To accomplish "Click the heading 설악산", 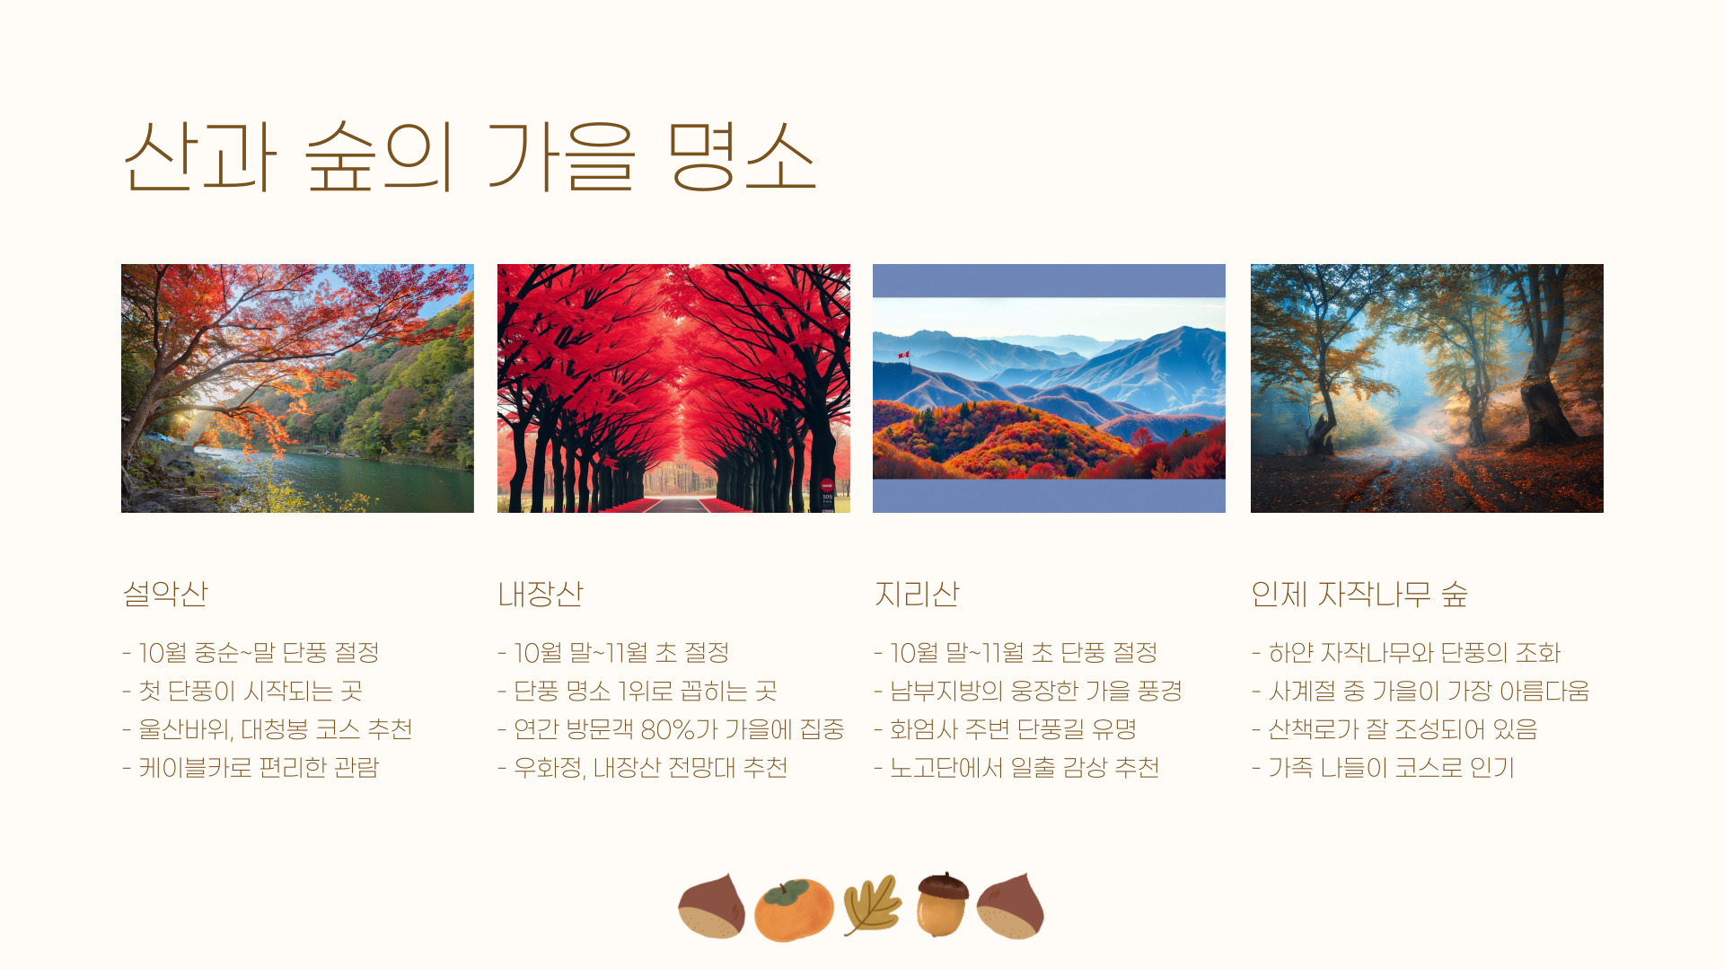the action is tap(165, 594).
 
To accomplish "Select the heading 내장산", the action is tap(541, 594).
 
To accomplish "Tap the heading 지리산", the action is tap(917, 594).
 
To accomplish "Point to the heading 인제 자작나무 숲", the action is tap(1359, 594).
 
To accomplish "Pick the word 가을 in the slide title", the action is tap(562, 156).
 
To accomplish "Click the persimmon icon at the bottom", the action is tap(794, 909).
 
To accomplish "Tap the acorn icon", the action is tap(943, 904).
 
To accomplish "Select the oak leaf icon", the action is tap(872, 905).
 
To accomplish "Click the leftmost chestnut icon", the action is tap(712, 906).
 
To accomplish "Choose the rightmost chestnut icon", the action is tap(1010, 906).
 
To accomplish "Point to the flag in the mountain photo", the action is tap(902, 356).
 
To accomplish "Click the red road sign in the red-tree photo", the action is tap(827, 486).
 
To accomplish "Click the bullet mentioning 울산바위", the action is tap(268, 729).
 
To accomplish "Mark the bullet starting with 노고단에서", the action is tap(1016, 768).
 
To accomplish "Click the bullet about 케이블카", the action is tap(251, 768).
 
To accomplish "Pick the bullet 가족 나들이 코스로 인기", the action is tap(1383, 768).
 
